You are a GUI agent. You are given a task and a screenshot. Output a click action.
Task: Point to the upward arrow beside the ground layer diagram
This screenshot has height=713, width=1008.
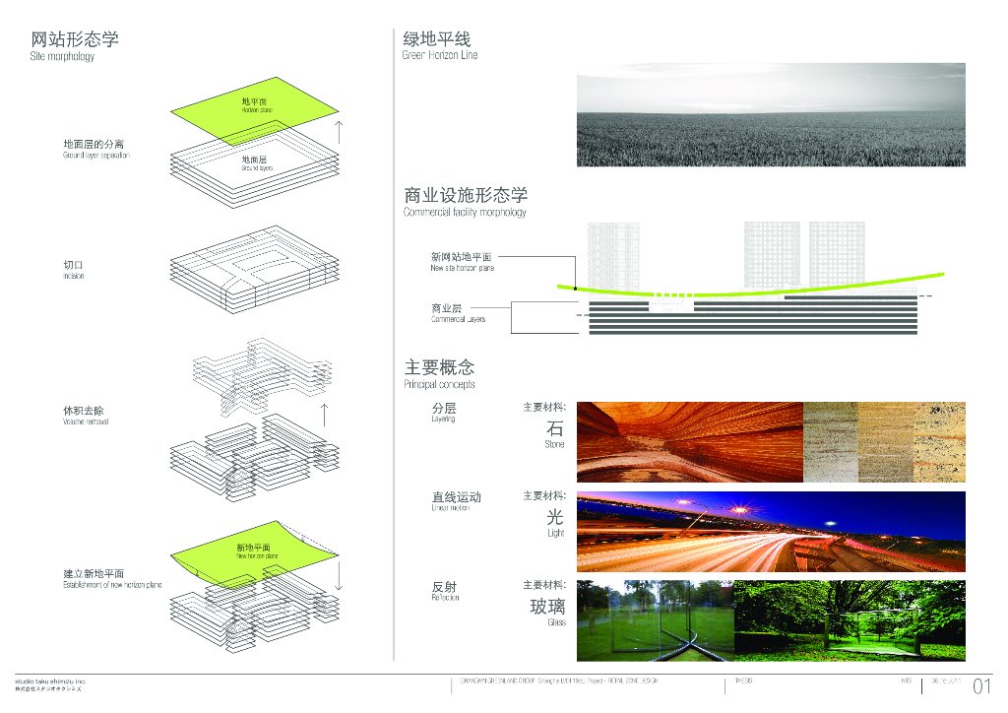339,132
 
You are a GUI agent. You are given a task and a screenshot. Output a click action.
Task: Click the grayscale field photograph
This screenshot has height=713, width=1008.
770,114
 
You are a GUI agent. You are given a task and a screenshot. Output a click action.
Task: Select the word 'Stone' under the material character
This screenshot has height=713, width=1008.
555,444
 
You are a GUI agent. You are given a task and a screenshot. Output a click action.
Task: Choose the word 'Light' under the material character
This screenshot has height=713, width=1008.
556,533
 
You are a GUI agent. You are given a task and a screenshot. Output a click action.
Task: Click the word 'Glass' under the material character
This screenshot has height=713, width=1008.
556,622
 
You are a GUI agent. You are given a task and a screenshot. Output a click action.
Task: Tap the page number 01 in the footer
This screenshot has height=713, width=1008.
980,686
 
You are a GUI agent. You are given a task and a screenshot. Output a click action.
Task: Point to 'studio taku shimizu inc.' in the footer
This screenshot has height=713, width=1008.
50,681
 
